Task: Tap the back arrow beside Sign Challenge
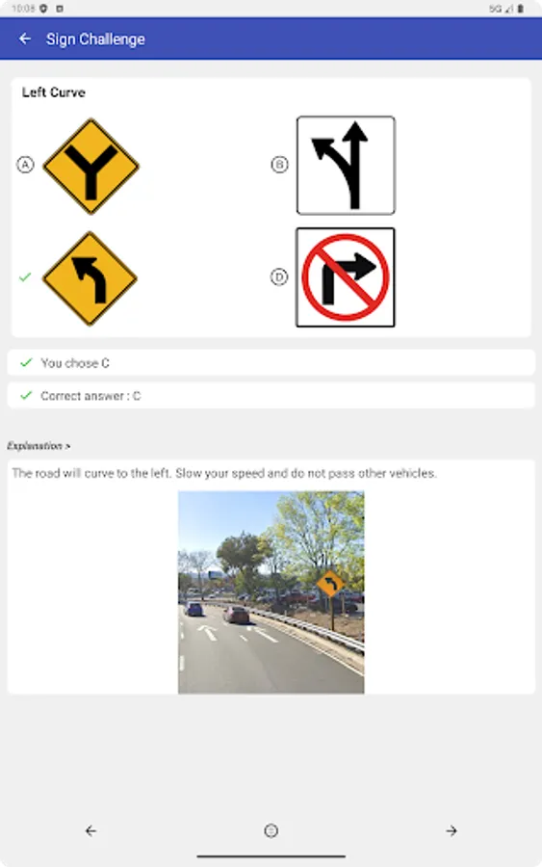click(x=25, y=39)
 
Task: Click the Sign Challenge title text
click(x=95, y=39)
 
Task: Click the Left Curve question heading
click(x=54, y=92)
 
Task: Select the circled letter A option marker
click(x=25, y=165)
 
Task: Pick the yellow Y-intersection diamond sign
click(x=91, y=166)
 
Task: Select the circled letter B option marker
click(x=279, y=165)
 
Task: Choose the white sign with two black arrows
click(x=346, y=165)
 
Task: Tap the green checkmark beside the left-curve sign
click(x=25, y=277)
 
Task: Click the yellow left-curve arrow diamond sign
click(x=90, y=278)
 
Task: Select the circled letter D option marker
click(x=279, y=277)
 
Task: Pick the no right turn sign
click(x=346, y=277)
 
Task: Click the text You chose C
click(x=75, y=363)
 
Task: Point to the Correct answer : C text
click(x=90, y=396)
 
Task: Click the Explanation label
click(x=39, y=446)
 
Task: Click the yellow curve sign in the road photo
click(x=330, y=584)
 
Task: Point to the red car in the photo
click(x=236, y=614)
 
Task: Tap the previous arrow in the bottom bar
click(x=90, y=830)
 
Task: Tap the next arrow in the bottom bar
click(x=452, y=830)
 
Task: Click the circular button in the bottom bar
click(x=271, y=830)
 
